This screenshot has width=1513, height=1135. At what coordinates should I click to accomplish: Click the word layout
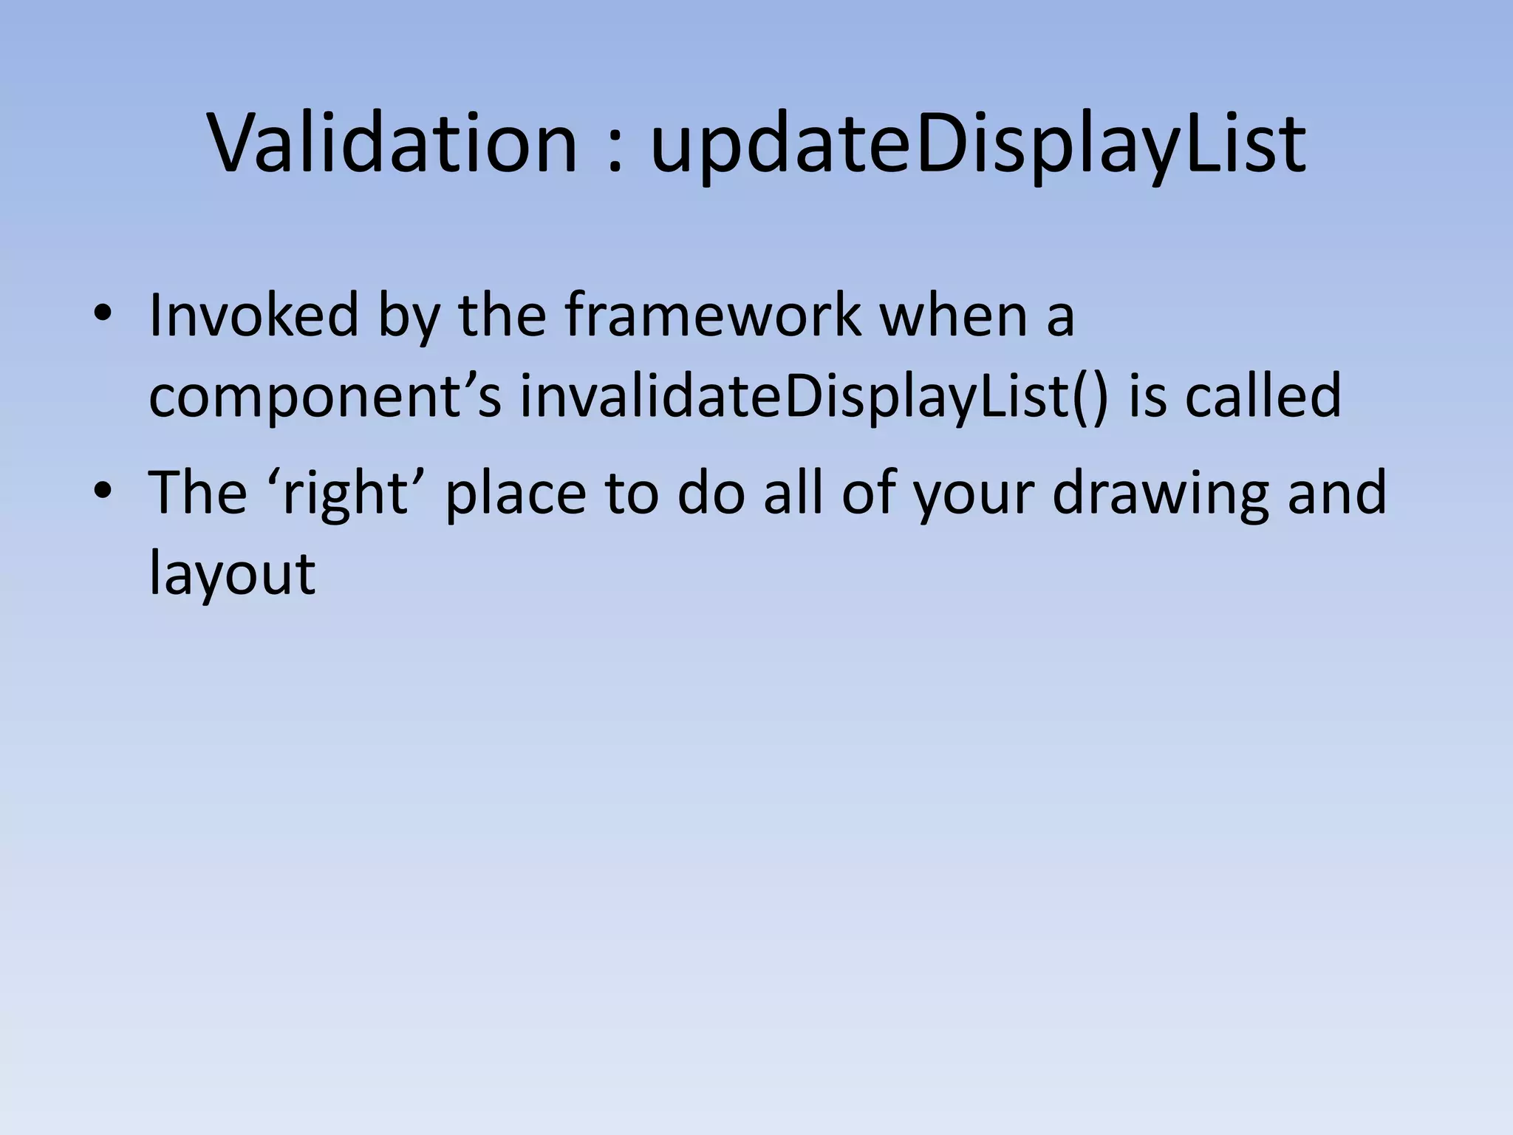[231, 575]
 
